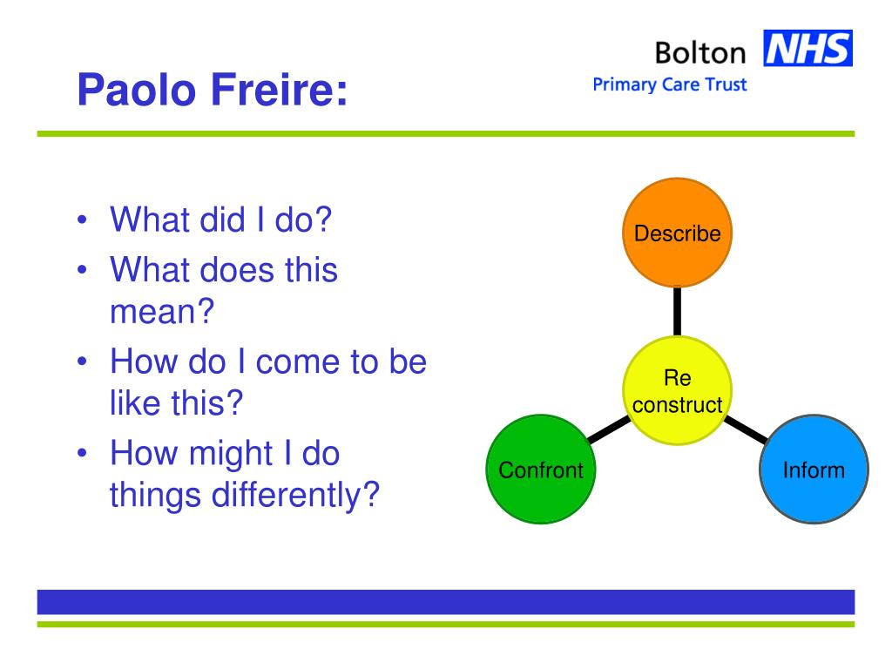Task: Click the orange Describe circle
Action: coord(677,233)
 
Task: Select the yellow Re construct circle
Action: coord(677,390)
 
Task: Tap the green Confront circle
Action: coord(541,470)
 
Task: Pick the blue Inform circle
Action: coord(814,470)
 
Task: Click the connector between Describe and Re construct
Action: coord(677,311)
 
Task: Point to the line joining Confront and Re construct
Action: coord(609,429)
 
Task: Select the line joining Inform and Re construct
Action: coord(746,429)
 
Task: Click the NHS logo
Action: coord(808,48)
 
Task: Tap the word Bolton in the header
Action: coord(700,53)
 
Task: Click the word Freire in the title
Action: coord(273,90)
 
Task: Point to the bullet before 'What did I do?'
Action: coord(83,220)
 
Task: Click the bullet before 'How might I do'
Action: coord(83,453)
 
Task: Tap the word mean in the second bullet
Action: coord(154,313)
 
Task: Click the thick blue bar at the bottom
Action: coord(446,602)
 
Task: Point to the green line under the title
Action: coord(446,133)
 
